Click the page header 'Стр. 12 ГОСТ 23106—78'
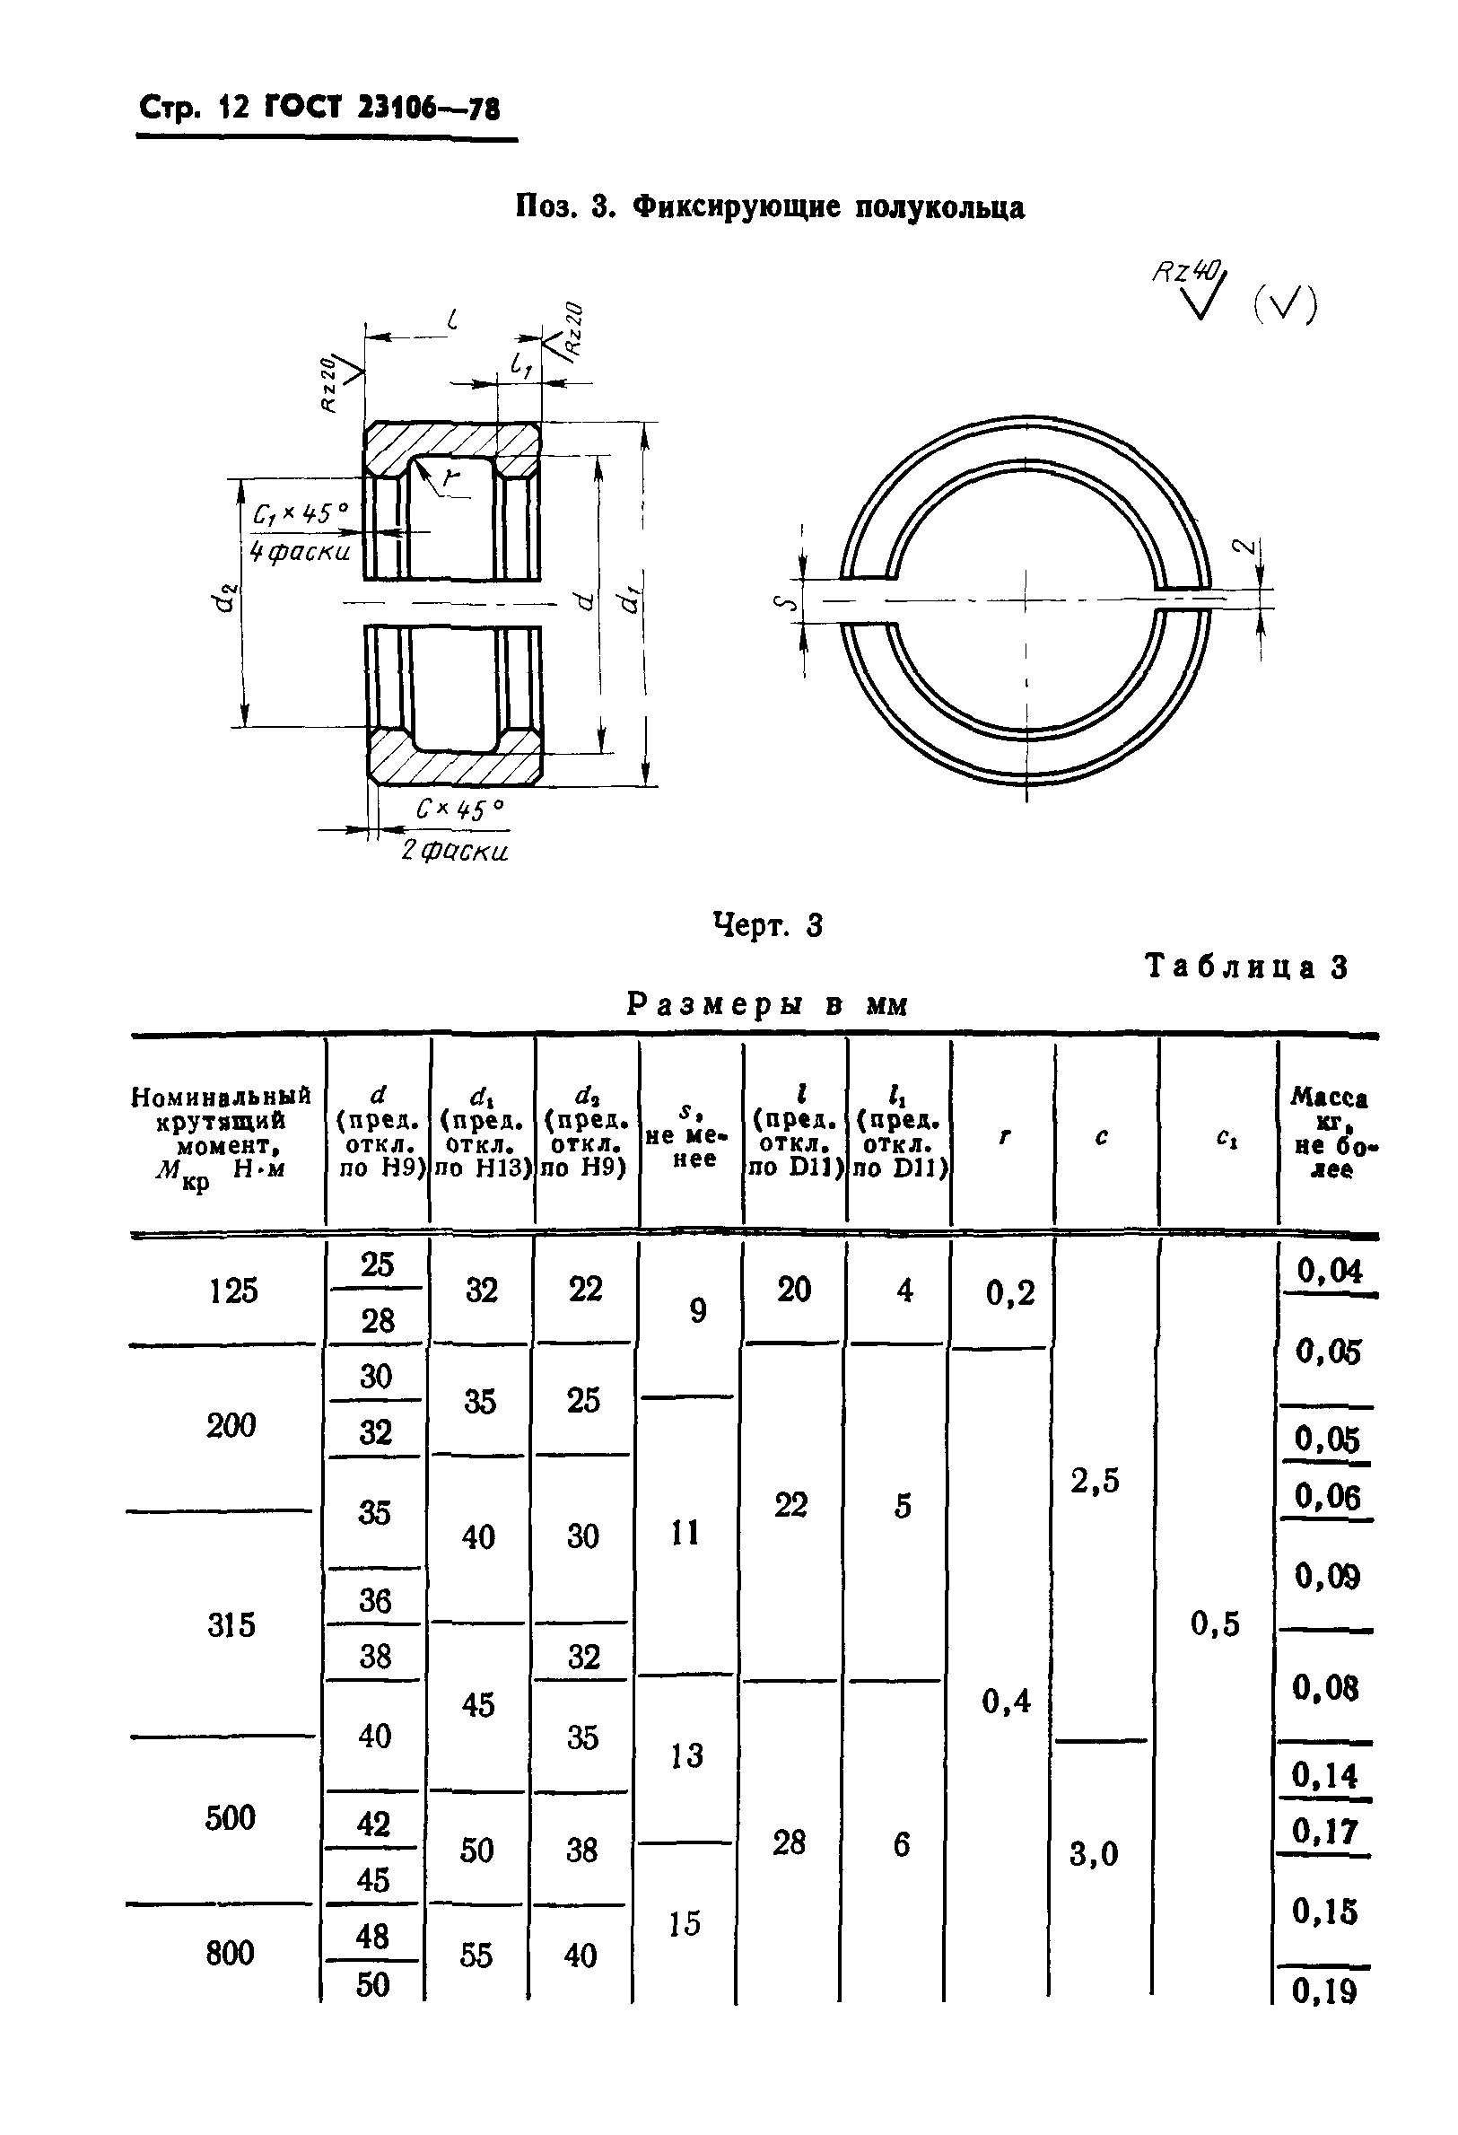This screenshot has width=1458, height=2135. pyautogui.click(x=319, y=109)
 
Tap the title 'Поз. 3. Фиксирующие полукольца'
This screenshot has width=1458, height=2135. pyautogui.click(x=769, y=206)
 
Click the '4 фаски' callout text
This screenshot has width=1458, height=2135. pyautogui.click(x=300, y=551)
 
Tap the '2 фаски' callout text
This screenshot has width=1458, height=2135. pyautogui.click(x=454, y=851)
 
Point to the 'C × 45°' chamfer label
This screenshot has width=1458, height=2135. pyautogui.click(x=459, y=809)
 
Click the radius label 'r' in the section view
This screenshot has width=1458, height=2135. pyautogui.click(x=450, y=477)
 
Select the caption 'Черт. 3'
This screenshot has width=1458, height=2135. pyautogui.click(x=767, y=925)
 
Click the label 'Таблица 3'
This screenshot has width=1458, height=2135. pyautogui.click(x=1245, y=967)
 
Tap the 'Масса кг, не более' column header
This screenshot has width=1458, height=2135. pyautogui.click(x=1330, y=1132)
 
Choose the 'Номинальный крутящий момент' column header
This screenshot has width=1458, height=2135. pyautogui.click(x=222, y=1136)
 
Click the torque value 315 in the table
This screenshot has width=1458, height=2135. pyautogui.click(x=231, y=1624)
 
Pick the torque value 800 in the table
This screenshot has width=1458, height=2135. pyautogui.click(x=230, y=1952)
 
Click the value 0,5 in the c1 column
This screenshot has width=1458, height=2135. pyautogui.click(x=1215, y=1623)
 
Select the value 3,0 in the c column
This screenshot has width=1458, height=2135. pyautogui.click(x=1093, y=1853)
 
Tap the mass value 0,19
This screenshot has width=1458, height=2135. pyautogui.click(x=1324, y=1991)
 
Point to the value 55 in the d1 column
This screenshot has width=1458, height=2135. pyautogui.click(x=476, y=1954)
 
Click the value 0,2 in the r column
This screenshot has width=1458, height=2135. pyautogui.click(x=1009, y=1292)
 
